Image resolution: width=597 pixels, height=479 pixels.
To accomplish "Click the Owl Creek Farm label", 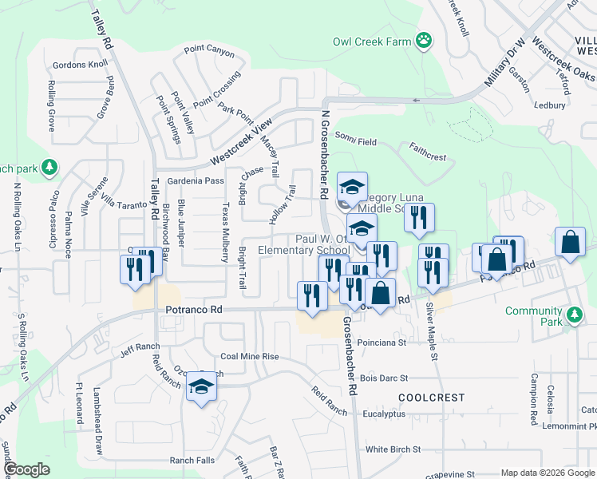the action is (372, 42).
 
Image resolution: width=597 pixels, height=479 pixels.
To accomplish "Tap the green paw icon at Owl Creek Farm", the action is (423, 40).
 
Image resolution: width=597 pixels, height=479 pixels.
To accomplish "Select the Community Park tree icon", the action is (573, 316).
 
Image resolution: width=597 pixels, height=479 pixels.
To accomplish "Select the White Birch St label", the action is (392, 449).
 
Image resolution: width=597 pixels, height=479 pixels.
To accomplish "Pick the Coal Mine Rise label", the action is (250, 357).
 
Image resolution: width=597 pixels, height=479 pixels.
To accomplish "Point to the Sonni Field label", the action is (356, 141).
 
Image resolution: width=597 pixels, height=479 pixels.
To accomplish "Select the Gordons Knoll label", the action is (79, 65).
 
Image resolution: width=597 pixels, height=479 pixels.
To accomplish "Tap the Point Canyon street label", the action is (209, 52).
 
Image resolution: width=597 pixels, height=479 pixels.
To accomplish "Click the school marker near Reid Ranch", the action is (202, 387).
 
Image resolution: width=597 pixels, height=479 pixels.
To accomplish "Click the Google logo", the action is (26, 469).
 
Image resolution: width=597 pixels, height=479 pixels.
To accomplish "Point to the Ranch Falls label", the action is (192, 461).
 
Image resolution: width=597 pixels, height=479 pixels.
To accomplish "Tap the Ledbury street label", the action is (550, 105).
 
